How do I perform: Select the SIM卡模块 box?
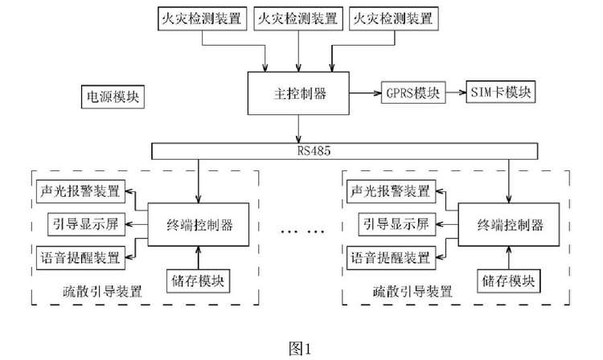click(x=501, y=93)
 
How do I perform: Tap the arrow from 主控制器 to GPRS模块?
click(x=365, y=93)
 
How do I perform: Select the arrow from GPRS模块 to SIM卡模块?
click(x=454, y=93)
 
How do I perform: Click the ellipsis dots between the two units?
click(x=301, y=231)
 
